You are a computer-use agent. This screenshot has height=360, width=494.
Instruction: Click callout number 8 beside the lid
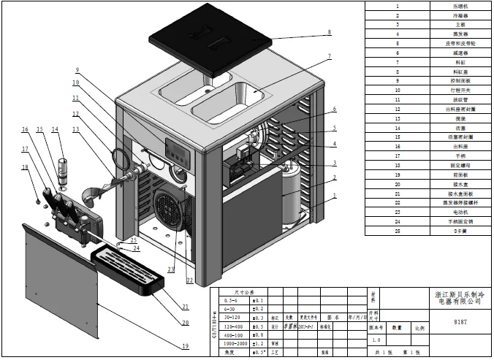coord(330,32)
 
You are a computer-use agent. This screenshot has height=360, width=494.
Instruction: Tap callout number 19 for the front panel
coord(186,345)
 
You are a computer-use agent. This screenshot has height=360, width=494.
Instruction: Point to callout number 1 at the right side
coord(335,196)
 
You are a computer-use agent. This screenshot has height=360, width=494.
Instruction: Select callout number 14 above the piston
coord(55,129)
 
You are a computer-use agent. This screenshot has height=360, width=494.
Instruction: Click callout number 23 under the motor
coord(172,269)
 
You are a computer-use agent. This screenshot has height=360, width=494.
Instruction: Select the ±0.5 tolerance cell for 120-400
coord(258,326)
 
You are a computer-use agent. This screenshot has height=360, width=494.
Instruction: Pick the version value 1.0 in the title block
coord(376,340)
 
